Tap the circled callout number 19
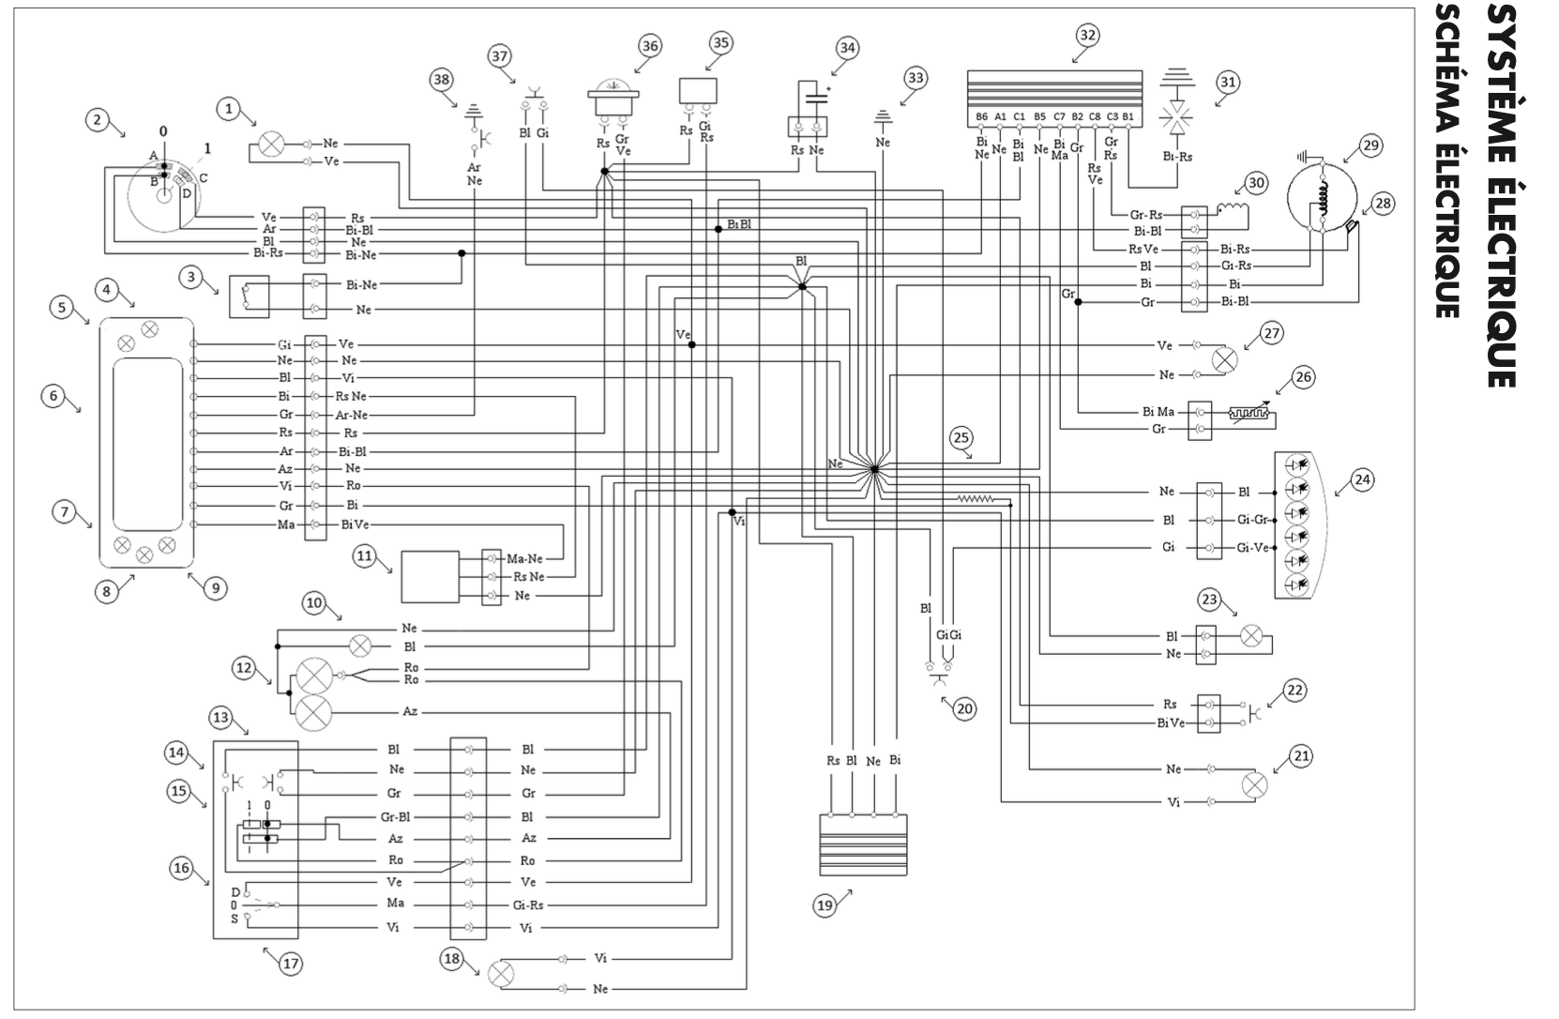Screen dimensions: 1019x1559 point(825,905)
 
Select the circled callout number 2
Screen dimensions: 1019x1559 point(95,119)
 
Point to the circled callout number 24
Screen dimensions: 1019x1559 point(1362,479)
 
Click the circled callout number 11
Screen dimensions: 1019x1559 point(365,556)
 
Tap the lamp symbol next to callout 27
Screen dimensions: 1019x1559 point(1224,360)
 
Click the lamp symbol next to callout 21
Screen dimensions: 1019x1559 point(1254,784)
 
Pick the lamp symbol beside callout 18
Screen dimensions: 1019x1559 point(502,973)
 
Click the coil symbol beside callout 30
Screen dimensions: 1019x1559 point(1234,215)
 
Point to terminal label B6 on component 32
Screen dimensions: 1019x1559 point(981,117)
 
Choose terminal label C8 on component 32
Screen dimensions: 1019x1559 point(1095,117)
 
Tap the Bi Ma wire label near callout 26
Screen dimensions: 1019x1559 point(1158,412)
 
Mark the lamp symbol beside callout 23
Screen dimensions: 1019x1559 point(1249,635)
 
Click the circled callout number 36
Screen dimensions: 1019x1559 point(649,45)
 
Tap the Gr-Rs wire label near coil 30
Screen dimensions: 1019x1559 point(1145,215)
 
